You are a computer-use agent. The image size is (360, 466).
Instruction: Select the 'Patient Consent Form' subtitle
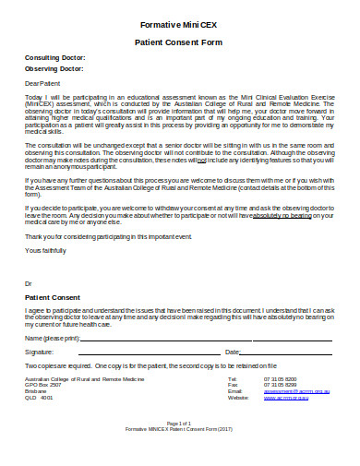coord(180,42)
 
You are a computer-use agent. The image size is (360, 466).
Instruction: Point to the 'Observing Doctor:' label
coord(54,69)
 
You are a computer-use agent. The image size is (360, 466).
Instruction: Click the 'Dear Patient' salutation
coord(42,83)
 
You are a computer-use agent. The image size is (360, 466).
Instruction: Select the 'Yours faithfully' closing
coord(45,250)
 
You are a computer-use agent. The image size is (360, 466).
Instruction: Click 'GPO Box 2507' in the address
coord(42,385)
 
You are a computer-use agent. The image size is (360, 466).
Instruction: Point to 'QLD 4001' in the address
coord(39,398)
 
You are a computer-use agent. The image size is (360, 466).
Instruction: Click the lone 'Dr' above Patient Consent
coord(28,282)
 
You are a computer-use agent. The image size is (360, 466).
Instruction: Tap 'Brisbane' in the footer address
coord(36,391)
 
